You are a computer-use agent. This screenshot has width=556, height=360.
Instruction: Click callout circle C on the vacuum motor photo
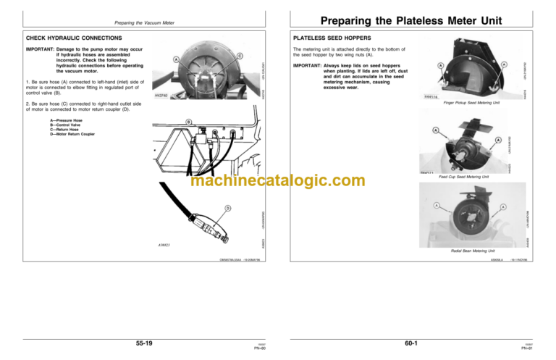pos(240,56)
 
